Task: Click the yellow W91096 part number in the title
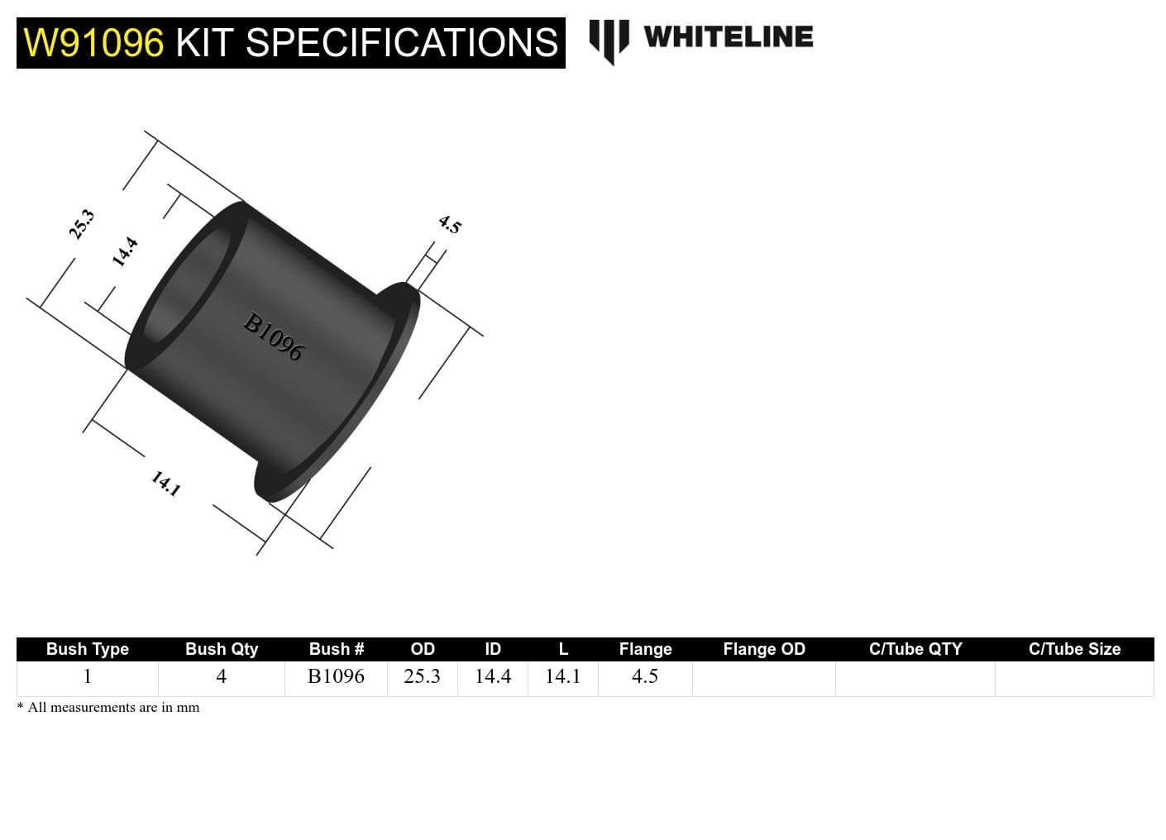pyautogui.click(x=93, y=43)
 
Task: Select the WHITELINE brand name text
pyautogui.click(x=728, y=37)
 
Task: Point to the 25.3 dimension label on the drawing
pyautogui.click(x=82, y=224)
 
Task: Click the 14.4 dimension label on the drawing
pyautogui.click(x=125, y=251)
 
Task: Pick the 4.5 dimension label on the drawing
pyautogui.click(x=449, y=224)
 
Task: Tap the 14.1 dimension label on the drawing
pyautogui.click(x=165, y=483)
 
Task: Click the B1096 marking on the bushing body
pyautogui.click(x=274, y=336)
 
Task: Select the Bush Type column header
pyautogui.click(x=88, y=649)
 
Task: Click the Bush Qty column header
pyautogui.click(x=222, y=649)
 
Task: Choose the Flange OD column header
pyautogui.click(x=764, y=649)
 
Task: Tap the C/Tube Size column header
pyautogui.click(x=1074, y=649)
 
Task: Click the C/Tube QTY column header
pyautogui.click(x=915, y=649)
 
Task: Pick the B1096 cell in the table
pyautogui.click(x=336, y=676)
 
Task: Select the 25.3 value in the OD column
pyautogui.click(x=422, y=676)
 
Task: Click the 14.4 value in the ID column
pyautogui.click(x=493, y=676)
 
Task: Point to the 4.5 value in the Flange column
pyautogui.click(x=645, y=676)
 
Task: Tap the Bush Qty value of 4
pyautogui.click(x=221, y=676)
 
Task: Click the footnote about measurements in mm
pyautogui.click(x=108, y=708)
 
